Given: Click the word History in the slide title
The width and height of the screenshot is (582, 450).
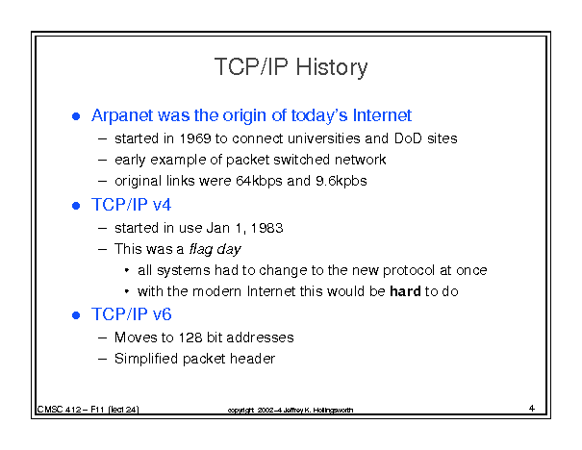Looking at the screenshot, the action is tap(332, 68).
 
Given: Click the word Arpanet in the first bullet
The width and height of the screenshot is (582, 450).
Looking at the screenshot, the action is tap(122, 115).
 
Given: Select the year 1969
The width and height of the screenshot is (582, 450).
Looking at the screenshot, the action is tap(195, 138).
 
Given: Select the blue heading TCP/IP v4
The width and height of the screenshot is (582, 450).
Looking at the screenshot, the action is tap(131, 205).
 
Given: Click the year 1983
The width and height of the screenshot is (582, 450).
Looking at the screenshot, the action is tap(266, 228).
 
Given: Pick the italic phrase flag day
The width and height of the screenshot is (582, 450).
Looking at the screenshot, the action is tap(215, 249).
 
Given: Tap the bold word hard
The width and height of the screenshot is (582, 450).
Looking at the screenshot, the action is tap(405, 291).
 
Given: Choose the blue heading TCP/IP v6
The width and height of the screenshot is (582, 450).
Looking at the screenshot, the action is tap(132, 314).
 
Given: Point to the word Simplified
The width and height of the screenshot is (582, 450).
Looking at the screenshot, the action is tap(146, 359).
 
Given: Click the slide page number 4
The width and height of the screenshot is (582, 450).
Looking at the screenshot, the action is tap(532, 408).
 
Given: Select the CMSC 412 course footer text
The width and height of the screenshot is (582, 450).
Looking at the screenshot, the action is tap(88, 410).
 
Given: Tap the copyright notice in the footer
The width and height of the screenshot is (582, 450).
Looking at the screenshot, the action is tap(291, 410).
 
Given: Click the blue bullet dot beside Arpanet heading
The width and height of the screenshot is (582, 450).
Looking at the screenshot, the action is tap(76, 116).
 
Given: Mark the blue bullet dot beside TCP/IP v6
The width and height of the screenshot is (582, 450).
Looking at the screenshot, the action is tap(76, 315).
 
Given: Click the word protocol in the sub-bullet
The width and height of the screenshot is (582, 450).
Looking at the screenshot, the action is tap(408, 270).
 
